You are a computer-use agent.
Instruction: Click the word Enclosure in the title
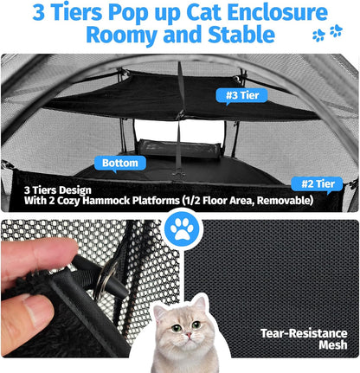coord(271,13)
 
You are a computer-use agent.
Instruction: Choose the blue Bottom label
coord(119,162)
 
